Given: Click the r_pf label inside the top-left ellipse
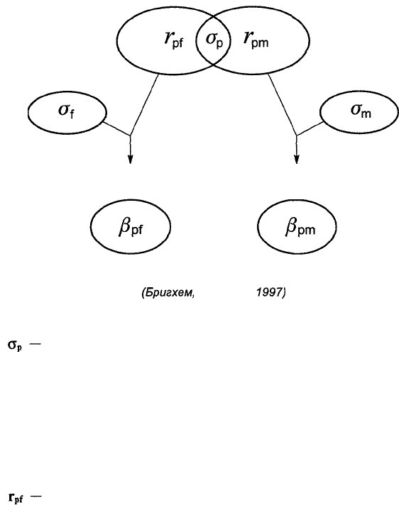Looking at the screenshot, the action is (x=174, y=40).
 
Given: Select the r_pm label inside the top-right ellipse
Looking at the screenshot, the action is (x=256, y=40).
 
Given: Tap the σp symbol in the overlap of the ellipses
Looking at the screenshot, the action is (x=214, y=40).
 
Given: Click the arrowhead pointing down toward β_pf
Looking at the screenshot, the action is (x=130, y=160).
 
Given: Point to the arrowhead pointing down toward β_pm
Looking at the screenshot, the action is (x=297, y=160).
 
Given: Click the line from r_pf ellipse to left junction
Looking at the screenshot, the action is (x=144, y=105).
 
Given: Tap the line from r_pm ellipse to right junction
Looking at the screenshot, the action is (x=283, y=105).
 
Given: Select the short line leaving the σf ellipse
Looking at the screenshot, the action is (x=116, y=129).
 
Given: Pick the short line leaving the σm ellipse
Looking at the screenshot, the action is (x=310, y=128).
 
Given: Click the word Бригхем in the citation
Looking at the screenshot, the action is (x=168, y=293).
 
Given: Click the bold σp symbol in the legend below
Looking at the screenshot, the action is (x=15, y=346).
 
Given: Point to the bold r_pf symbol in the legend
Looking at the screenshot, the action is (x=16, y=498).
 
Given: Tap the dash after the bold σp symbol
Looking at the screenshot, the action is (x=35, y=344).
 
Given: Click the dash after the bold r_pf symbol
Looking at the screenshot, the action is (x=35, y=496).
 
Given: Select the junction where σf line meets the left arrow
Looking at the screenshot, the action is (x=130, y=135).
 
